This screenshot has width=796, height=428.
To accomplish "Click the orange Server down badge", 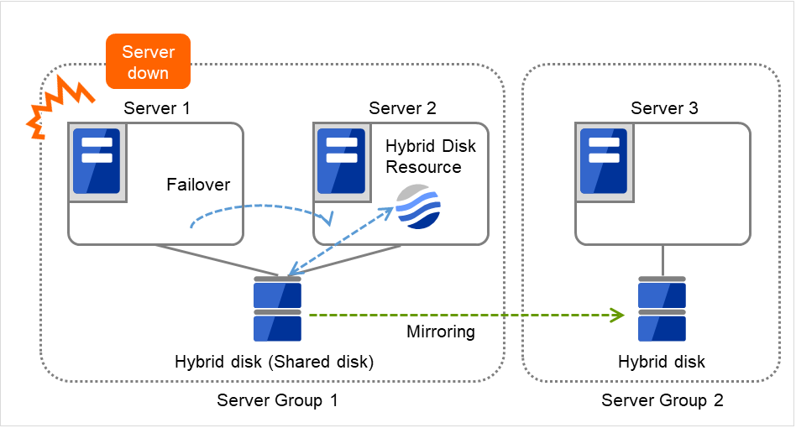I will click(148, 62).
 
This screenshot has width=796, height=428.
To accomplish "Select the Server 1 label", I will click(157, 108).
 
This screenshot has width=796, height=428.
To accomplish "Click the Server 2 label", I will click(402, 108).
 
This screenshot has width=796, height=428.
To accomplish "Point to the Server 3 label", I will click(664, 108).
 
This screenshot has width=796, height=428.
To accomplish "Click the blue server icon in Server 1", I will click(97, 162).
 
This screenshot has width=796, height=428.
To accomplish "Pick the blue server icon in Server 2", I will click(341, 162).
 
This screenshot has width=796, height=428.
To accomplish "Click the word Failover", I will click(198, 185).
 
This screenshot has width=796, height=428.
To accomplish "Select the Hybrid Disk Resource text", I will click(430, 156).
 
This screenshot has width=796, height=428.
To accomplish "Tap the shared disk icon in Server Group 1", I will click(277, 311).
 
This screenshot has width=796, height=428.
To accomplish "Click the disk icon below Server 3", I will click(662, 311).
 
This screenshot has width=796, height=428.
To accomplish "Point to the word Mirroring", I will click(440, 331).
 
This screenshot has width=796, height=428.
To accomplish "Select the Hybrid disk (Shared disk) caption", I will click(274, 363).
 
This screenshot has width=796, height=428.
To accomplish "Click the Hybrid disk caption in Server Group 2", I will click(662, 363).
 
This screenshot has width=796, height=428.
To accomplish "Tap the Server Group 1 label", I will click(277, 400).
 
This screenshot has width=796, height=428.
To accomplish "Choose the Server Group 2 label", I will click(662, 400).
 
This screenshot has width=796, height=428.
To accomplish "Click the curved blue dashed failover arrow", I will click(260, 206).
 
